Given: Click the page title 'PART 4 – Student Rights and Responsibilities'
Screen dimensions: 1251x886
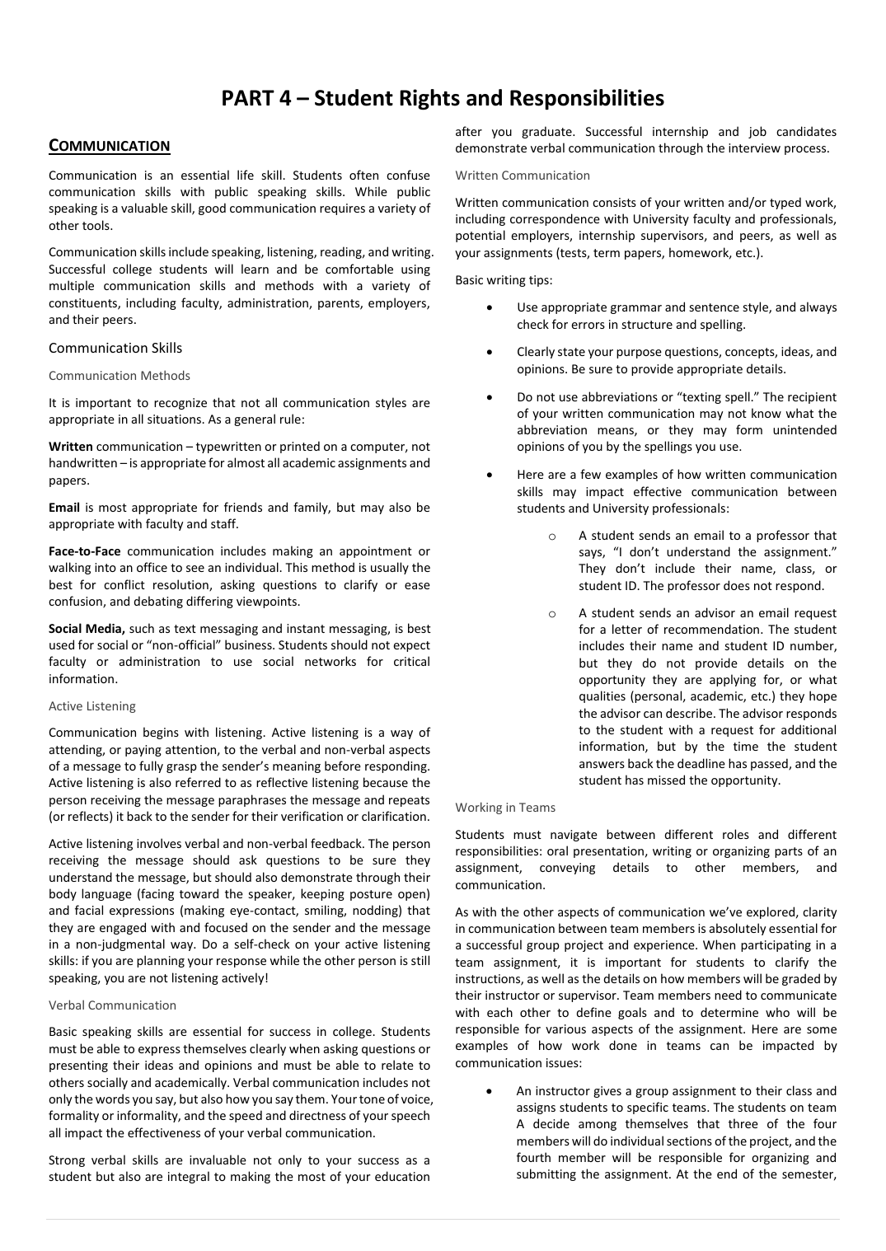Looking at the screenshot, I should (x=443, y=98).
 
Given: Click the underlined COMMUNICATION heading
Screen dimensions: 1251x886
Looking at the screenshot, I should (x=109, y=146).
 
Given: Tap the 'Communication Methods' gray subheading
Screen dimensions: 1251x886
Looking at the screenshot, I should (x=120, y=376).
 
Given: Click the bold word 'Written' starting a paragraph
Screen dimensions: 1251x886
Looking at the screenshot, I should (x=71, y=447).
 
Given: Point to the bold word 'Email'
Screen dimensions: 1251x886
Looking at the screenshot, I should (x=64, y=508).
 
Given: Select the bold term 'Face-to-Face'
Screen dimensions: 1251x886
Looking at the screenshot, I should (x=85, y=551).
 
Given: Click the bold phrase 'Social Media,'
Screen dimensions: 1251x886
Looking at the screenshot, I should (x=87, y=629).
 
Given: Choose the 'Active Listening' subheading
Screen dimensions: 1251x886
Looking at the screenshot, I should (x=92, y=706).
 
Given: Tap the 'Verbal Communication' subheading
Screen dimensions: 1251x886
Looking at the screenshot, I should (x=112, y=1005).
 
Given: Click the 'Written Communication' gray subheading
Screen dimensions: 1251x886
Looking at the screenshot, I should (x=523, y=176).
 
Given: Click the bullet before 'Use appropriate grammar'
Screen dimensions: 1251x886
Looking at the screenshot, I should (x=490, y=307).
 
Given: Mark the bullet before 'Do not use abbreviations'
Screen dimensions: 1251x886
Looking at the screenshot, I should (x=490, y=397).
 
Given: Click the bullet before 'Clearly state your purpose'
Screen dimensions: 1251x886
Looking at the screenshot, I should (x=490, y=352).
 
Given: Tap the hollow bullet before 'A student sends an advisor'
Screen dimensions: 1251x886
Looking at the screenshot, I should (x=551, y=613).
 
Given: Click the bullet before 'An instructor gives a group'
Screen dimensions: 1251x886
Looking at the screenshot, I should (x=490, y=1091).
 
